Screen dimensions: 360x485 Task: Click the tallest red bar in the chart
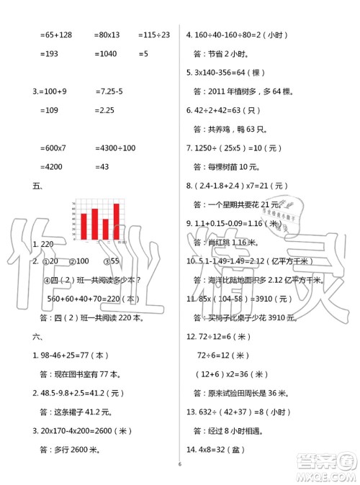(116, 221)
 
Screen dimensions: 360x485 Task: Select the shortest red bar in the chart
(105, 228)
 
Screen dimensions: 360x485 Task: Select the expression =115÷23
(153, 34)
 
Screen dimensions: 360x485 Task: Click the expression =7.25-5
(110, 91)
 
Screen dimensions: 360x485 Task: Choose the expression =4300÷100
(114, 148)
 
